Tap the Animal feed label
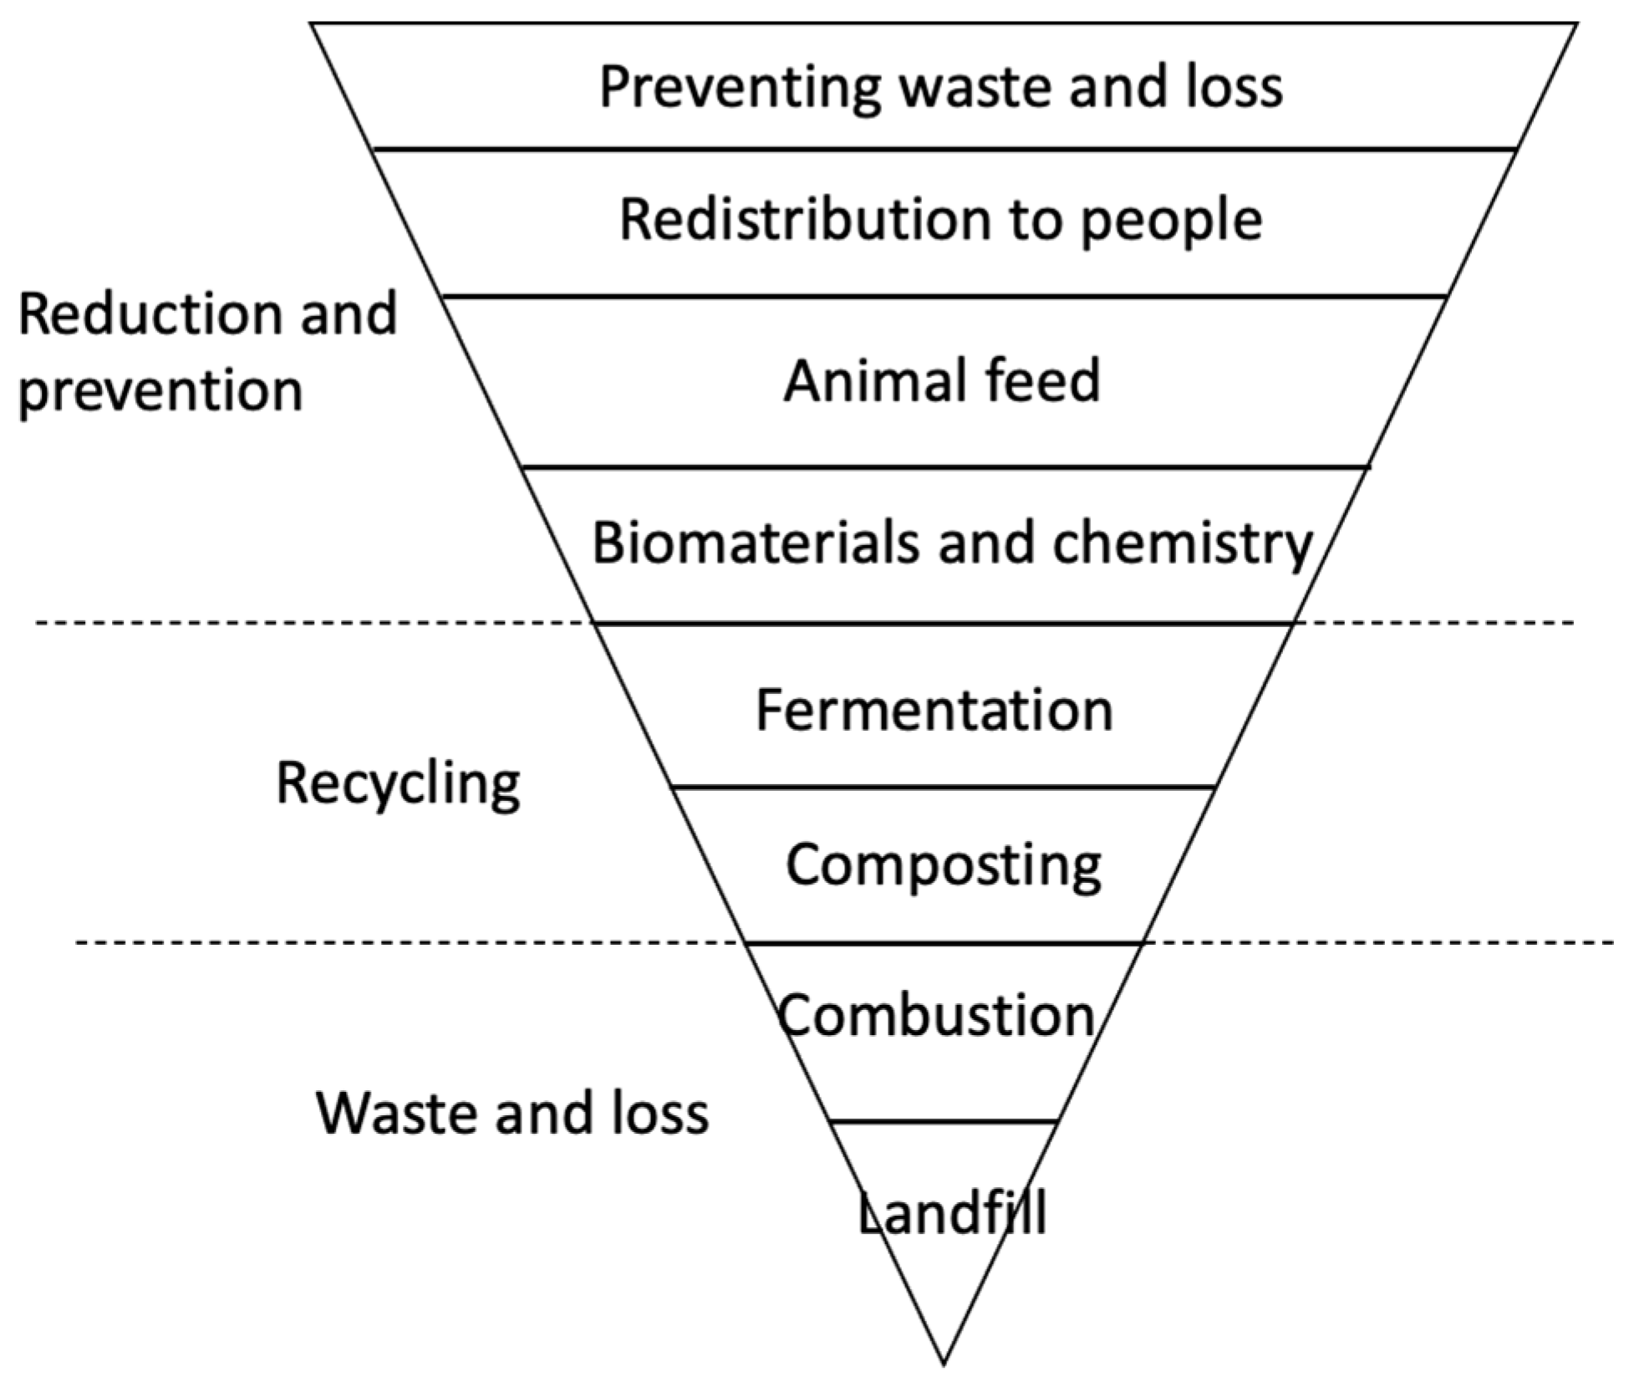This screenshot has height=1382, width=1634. pos(942,380)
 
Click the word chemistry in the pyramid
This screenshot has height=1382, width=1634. pos(1182,544)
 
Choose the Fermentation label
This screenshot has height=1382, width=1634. pos(934,711)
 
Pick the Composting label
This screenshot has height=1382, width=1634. pos(944,865)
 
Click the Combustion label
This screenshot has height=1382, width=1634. pos(936,1016)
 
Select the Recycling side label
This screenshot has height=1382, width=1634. pos(398,785)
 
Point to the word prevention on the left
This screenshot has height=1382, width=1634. pos(160,391)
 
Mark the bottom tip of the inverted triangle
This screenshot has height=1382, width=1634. pos(944,1363)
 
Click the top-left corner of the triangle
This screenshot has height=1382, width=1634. pos(312,24)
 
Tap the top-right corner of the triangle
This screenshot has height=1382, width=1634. pos(1576,24)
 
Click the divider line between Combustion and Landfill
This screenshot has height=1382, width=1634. pos(944,1122)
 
